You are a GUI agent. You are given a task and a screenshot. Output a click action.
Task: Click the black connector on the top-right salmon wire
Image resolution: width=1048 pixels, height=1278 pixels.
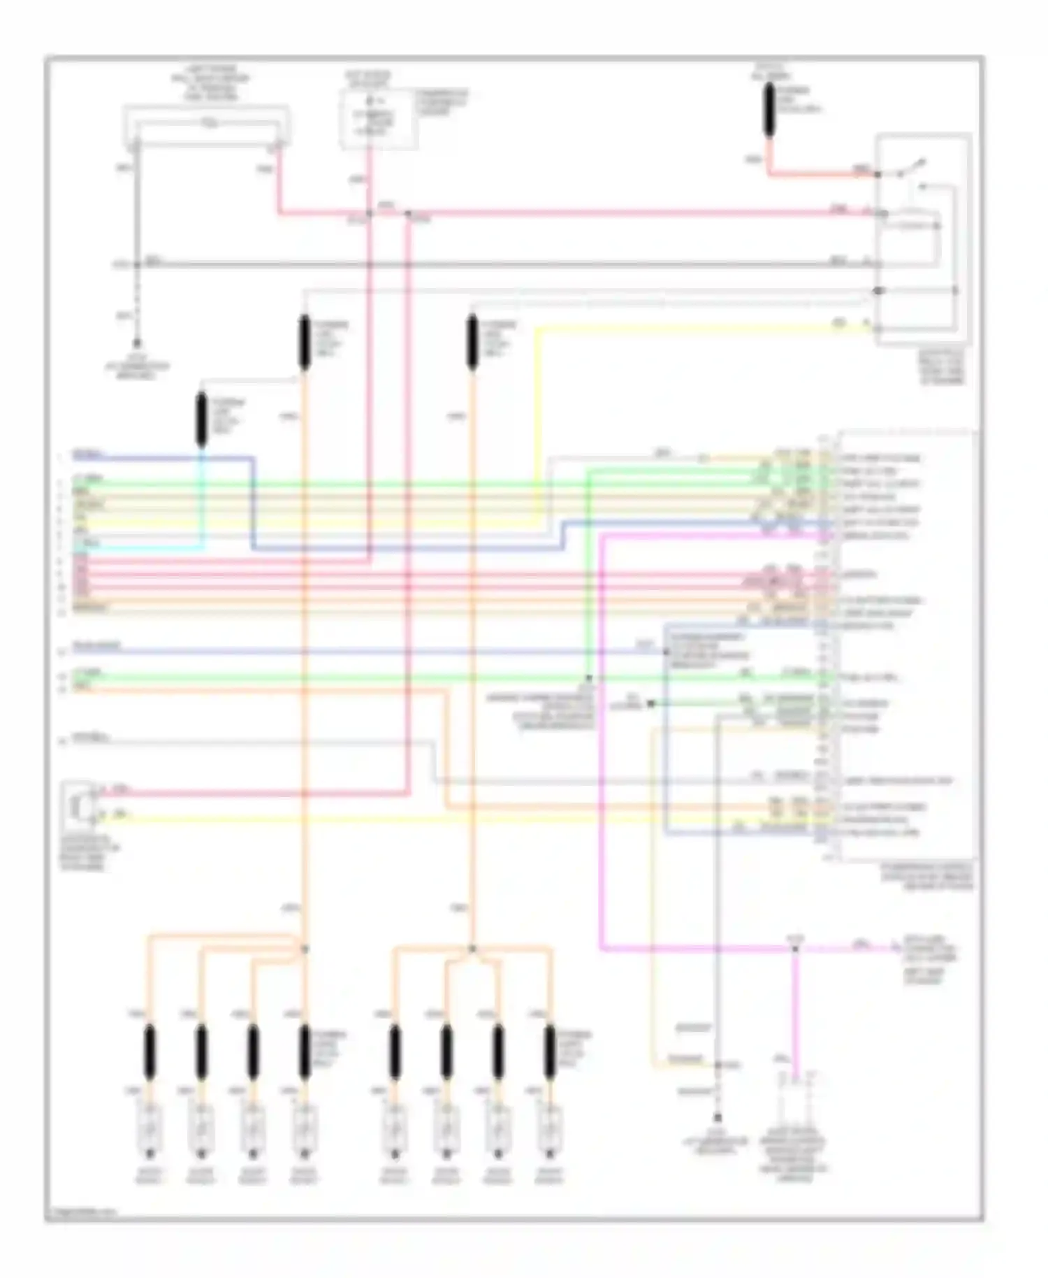tap(769, 110)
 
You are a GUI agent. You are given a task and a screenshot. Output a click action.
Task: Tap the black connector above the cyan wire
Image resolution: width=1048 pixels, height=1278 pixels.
tap(201, 419)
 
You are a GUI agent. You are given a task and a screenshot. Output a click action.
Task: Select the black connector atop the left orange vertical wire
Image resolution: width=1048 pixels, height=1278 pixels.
tap(304, 342)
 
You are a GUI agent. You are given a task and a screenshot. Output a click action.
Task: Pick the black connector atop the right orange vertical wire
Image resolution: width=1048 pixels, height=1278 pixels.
tap(472, 342)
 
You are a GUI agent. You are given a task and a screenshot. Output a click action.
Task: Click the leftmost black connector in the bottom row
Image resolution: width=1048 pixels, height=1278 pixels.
tap(149, 1053)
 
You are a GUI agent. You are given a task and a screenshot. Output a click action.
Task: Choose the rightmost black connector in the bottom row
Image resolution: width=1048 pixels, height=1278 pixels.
tap(550, 1053)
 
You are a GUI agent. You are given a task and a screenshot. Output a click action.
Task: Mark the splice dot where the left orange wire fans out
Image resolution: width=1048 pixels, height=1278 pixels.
tap(305, 949)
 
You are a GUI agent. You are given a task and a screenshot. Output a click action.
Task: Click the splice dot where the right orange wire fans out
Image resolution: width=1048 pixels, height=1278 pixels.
tap(472, 949)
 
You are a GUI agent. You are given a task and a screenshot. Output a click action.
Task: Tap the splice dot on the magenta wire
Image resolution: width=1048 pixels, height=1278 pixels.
tap(794, 949)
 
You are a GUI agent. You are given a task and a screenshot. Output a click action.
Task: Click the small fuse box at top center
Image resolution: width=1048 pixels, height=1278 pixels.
tap(379, 119)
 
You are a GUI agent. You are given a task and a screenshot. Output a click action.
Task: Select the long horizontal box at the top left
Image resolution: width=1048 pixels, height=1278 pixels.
tap(207, 127)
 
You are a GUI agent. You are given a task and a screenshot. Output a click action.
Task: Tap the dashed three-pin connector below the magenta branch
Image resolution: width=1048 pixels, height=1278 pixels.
tap(796, 1081)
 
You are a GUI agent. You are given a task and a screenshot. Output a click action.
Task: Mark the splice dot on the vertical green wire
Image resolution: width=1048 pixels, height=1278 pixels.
tap(588, 677)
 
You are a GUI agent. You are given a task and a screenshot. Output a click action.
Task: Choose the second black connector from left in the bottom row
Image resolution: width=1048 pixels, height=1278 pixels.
tap(201, 1053)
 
